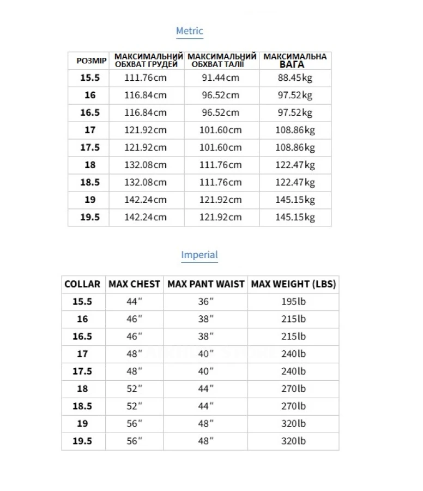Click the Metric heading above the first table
pyautogui.click(x=189, y=31)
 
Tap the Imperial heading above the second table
pyautogui.click(x=199, y=255)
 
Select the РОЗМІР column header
pyautogui.click(x=91, y=61)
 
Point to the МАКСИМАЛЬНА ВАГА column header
pyautogui.click(x=295, y=61)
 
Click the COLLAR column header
pyautogui.click(x=82, y=284)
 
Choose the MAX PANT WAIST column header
pyautogui.click(x=206, y=284)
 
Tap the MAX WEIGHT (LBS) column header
pyautogui.click(x=293, y=284)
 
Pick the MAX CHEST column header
pyautogui.click(x=134, y=284)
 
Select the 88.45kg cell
pyautogui.click(x=295, y=77)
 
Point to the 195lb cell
pyautogui.click(x=293, y=302)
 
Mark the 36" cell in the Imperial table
pyautogui.click(x=206, y=302)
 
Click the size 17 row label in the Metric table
pyautogui.click(x=90, y=130)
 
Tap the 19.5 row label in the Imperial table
pyautogui.click(x=82, y=441)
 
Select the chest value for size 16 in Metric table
pyautogui.click(x=146, y=95)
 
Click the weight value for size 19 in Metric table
pyautogui.click(x=295, y=200)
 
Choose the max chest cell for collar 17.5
pyautogui.click(x=134, y=372)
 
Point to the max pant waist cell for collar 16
pyautogui.click(x=206, y=319)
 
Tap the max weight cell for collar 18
pyautogui.click(x=293, y=389)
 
